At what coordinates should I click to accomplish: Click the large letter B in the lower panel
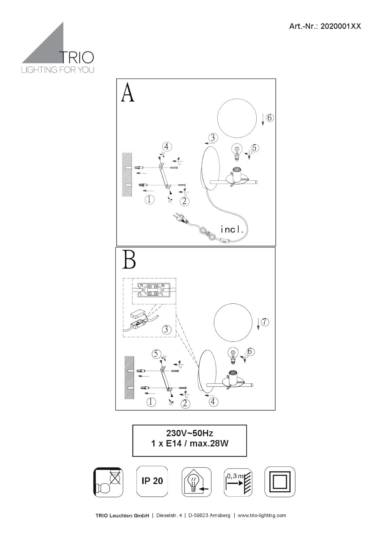tap(129, 260)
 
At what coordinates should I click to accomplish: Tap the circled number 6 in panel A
tap(270, 118)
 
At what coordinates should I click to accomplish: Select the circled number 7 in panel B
tap(265, 322)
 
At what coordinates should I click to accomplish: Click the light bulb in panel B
tap(233, 354)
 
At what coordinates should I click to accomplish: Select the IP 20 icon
tap(152, 481)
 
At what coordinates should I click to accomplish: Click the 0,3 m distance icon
tap(238, 482)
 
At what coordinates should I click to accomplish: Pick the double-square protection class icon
tap(280, 482)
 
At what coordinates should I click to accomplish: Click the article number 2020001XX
tap(325, 26)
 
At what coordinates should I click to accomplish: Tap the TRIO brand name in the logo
tap(76, 57)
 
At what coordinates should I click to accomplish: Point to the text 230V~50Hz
tap(190, 433)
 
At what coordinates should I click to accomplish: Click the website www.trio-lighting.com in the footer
tap(262, 515)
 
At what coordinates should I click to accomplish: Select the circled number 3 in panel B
tap(166, 329)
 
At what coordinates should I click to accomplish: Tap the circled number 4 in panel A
tap(166, 147)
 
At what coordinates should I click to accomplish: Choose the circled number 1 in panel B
tap(151, 402)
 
